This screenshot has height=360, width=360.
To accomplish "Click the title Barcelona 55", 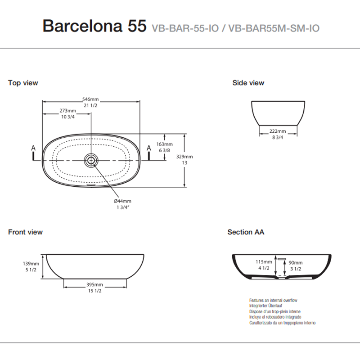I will (x=94, y=26).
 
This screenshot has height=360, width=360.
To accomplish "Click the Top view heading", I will (x=23, y=83).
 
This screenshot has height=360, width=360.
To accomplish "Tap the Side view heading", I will (x=248, y=83).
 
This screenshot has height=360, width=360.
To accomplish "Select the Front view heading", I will (x=25, y=232).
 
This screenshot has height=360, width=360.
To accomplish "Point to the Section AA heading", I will (x=246, y=232).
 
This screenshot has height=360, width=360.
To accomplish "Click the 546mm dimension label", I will (x=90, y=99).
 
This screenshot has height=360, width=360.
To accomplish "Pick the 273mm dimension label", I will (x=67, y=111).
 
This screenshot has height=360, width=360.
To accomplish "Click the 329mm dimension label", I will (x=184, y=157).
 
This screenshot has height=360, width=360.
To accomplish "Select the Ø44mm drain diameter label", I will (x=122, y=201).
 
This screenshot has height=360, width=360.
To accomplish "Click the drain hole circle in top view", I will (x=91, y=159).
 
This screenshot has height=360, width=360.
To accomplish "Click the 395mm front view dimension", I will (x=95, y=285).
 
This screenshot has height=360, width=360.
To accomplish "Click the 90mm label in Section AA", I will (x=295, y=262).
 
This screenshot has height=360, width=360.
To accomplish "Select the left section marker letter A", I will (x=33, y=148).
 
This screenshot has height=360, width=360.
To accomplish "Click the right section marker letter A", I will (x=149, y=148).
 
